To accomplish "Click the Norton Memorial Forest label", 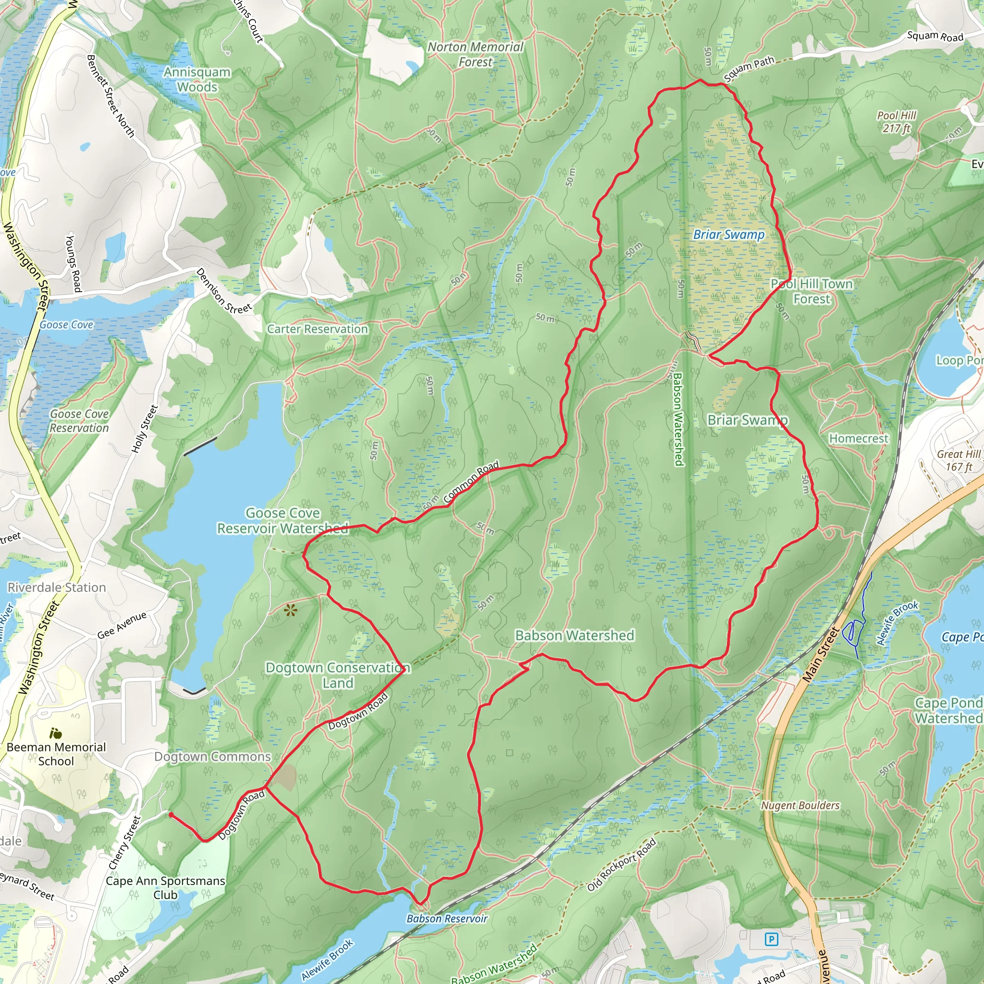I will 475,54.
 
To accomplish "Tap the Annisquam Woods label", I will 197,79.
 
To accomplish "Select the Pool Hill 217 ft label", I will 897,122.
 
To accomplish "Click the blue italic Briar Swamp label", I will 728,235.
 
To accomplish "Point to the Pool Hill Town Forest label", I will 812,291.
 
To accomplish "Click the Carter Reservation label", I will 317,329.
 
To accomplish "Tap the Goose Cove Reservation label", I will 79,421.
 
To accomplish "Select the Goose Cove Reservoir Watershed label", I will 283,520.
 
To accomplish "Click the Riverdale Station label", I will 57,587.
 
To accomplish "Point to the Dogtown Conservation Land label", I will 337,675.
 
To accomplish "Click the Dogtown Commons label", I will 212,756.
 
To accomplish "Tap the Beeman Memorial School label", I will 56,754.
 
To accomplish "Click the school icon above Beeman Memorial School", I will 56,733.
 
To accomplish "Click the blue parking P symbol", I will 772,939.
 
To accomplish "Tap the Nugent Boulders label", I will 799,805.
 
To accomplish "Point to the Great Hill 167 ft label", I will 959,460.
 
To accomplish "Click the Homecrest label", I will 858,439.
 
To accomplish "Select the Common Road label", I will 471,482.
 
